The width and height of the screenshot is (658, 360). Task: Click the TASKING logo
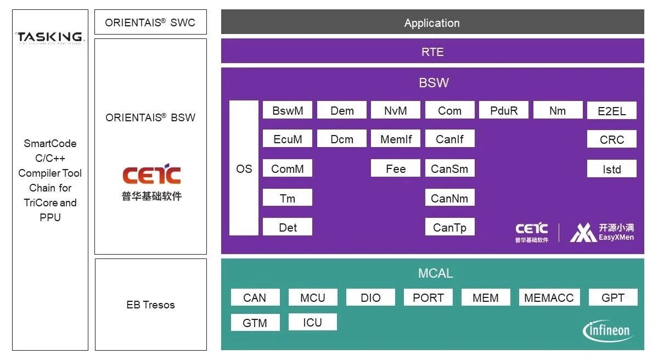click(50, 37)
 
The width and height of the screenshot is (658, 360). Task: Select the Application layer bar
click(432, 22)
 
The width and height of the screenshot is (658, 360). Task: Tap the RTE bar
click(432, 52)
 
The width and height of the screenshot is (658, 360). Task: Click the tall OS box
click(244, 168)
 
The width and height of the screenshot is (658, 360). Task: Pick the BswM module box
click(288, 110)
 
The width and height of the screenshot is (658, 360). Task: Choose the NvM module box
click(395, 110)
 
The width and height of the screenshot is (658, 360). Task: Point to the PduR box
click(503, 110)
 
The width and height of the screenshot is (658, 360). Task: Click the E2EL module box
click(611, 111)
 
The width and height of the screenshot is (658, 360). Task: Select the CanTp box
click(449, 227)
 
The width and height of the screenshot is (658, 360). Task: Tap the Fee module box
click(395, 168)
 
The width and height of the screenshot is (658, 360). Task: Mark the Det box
click(288, 227)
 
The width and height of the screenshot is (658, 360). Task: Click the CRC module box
click(611, 139)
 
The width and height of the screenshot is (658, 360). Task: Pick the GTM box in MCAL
click(255, 323)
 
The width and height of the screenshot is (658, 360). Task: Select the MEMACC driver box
click(548, 297)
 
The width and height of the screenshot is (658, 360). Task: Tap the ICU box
click(312, 322)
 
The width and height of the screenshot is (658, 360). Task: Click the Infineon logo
click(607, 330)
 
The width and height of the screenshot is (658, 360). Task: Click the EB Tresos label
click(150, 305)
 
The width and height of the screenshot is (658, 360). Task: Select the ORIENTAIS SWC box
click(150, 22)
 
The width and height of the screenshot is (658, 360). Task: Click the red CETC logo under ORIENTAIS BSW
click(151, 175)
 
